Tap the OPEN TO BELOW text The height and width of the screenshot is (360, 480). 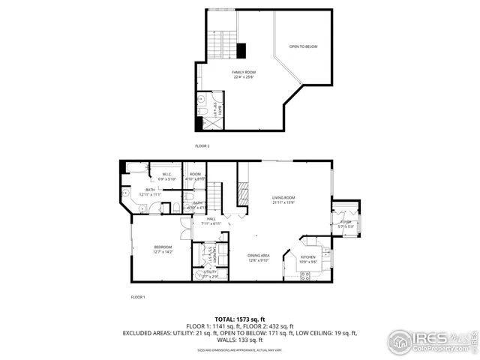click(x=304, y=47)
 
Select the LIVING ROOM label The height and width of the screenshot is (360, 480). click(x=283, y=198)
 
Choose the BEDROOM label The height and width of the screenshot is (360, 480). click(x=163, y=247)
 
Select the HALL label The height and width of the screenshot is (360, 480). click(x=211, y=219)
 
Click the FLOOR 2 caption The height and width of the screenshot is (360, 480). click(x=202, y=145)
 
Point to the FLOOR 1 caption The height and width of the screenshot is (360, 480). click(x=137, y=298)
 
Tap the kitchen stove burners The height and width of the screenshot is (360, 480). click(x=306, y=275)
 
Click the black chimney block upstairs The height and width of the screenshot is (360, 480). click(x=241, y=50)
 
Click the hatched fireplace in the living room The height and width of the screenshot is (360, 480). click(x=242, y=194)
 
